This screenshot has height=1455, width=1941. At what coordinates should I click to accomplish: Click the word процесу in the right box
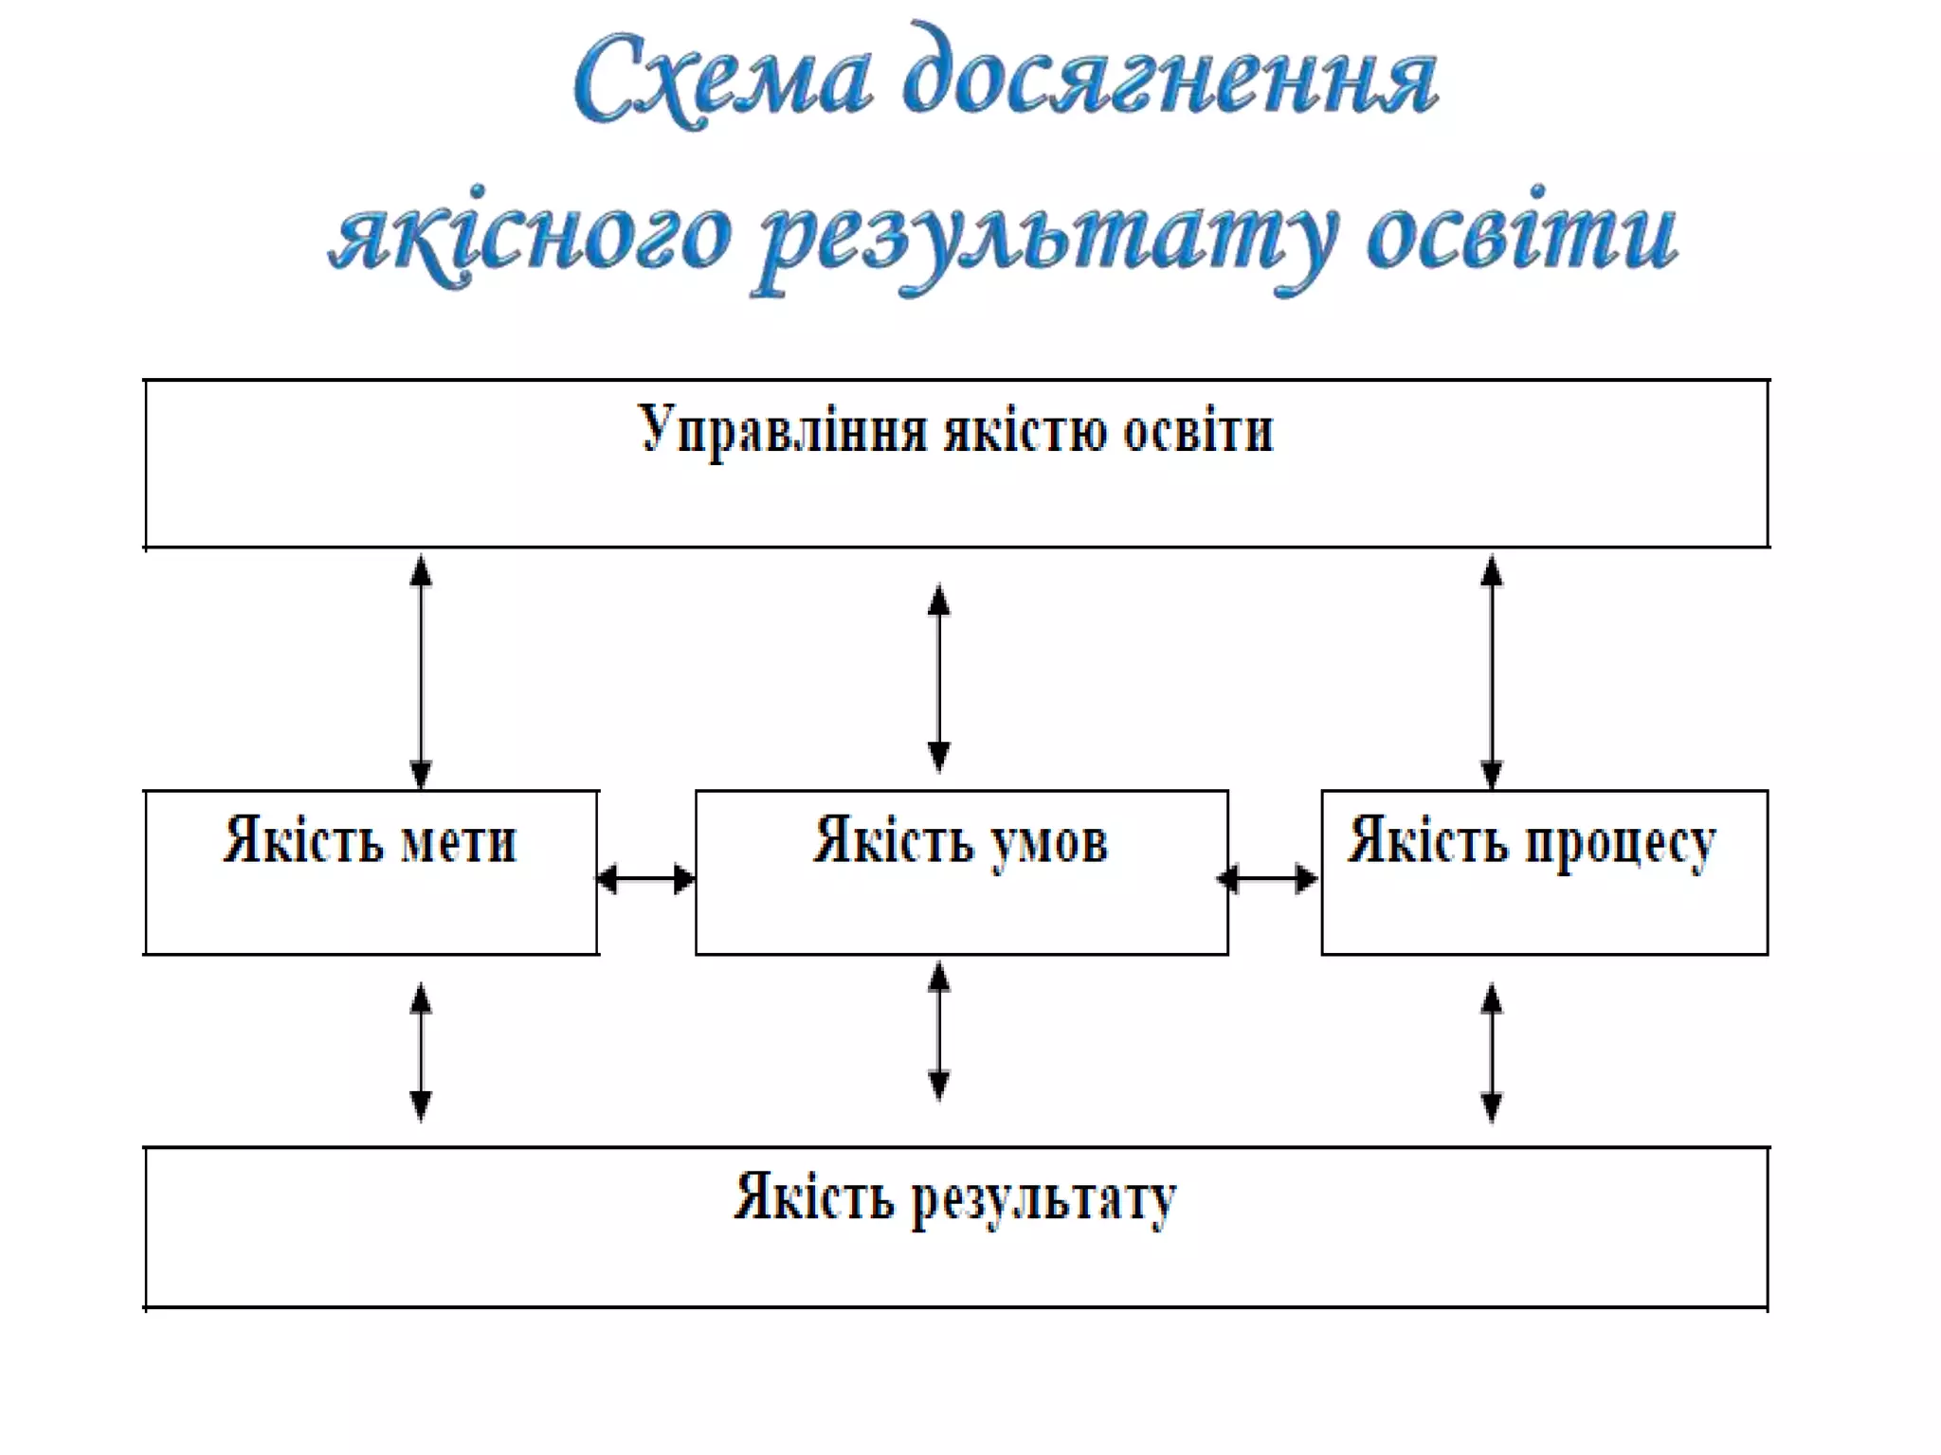pyautogui.click(x=1620, y=842)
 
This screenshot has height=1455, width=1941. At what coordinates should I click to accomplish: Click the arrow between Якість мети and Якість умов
pyautogui.click(x=646, y=879)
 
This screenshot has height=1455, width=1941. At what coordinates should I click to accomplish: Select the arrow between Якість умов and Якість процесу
pyautogui.click(x=1268, y=879)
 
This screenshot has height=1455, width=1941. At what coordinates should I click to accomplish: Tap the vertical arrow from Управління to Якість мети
pyautogui.click(x=421, y=672)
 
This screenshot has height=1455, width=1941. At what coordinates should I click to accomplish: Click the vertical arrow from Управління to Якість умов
pyautogui.click(x=938, y=678)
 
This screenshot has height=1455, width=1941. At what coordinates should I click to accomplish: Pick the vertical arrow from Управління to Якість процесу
pyautogui.click(x=1491, y=672)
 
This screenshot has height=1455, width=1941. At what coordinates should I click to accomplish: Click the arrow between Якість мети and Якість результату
pyautogui.click(x=421, y=1051)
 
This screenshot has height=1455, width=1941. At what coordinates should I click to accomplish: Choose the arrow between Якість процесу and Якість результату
pyautogui.click(x=1491, y=1051)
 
